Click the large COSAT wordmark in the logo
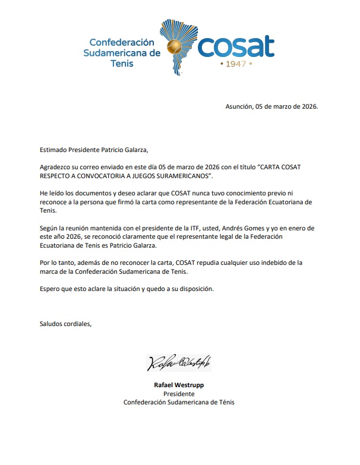point(236,46)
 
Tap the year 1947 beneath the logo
point(236,63)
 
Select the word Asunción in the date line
point(239,106)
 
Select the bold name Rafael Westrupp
point(179,385)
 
